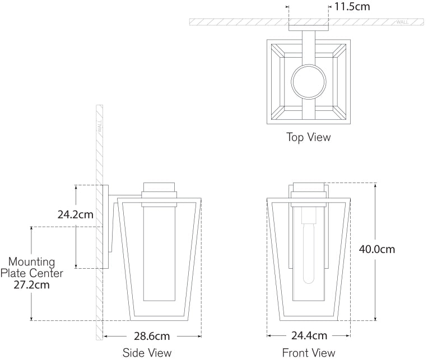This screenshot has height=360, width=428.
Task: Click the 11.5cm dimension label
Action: tap(352, 7)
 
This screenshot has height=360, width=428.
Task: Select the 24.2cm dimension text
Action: tap(75, 214)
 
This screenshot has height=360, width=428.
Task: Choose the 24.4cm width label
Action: tap(309, 336)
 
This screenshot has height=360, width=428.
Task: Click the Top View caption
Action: tap(308, 137)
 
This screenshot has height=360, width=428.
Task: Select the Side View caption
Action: tap(147, 353)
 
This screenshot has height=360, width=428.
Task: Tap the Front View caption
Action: tap(309, 353)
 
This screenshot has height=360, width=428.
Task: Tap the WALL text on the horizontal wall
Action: tap(402, 22)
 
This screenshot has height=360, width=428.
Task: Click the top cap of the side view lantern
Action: tap(160, 188)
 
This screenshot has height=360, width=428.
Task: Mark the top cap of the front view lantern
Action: tap(309, 188)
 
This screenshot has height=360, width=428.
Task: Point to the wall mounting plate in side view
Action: tap(105, 227)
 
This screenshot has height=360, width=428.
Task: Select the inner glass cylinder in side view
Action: tap(160, 252)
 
